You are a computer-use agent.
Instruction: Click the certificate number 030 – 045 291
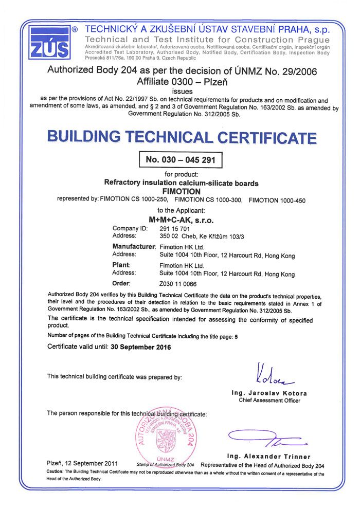coord(181,159)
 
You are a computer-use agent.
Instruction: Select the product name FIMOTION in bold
coord(181,191)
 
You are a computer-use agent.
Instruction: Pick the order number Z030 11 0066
coord(178,283)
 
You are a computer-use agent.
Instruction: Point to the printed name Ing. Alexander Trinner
coord(269,457)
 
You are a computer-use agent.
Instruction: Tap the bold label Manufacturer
coord(134,247)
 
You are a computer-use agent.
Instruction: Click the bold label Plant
coord(120,265)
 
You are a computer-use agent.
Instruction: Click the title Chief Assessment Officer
coord(269,401)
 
